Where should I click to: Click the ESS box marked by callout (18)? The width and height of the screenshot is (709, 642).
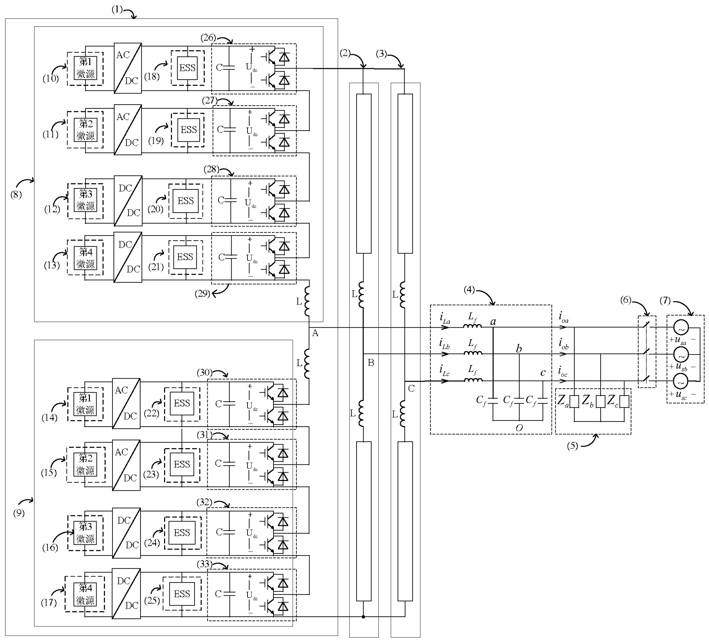[x=187, y=68]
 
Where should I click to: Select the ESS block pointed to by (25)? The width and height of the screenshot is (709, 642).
[x=182, y=594]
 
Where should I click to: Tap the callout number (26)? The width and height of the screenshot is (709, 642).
[x=208, y=38]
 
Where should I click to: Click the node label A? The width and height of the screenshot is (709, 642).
[x=315, y=333]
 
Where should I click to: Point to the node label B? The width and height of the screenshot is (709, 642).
[x=371, y=363]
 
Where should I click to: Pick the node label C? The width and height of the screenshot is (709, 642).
[x=411, y=389]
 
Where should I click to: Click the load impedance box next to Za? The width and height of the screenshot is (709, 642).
[x=574, y=402]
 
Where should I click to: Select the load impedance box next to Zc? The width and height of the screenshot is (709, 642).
[x=624, y=402]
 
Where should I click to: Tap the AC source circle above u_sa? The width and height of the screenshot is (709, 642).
[x=681, y=328]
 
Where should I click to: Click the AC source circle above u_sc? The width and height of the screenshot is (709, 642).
[x=681, y=381]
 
